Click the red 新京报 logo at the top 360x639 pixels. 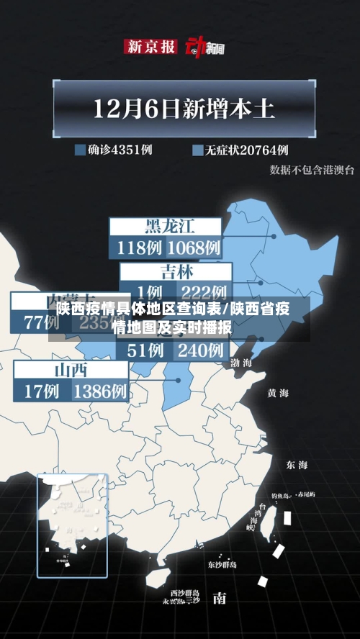pyautogui.click(x=150, y=46)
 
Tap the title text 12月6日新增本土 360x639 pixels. pyautogui.click(x=184, y=109)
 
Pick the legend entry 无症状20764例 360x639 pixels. pyautogui.click(x=240, y=150)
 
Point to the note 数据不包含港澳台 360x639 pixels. pyautogui.click(x=312, y=170)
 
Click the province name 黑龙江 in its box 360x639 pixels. pyautogui.click(x=170, y=227)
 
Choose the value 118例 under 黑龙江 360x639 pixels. pyautogui.click(x=138, y=248)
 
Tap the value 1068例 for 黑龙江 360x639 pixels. pyautogui.click(x=194, y=248)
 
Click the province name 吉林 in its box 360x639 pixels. pyautogui.click(x=176, y=272)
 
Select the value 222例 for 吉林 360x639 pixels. pyautogui.click(x=204, y=292)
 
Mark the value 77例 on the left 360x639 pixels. pyautogui.click(x=40, y=322)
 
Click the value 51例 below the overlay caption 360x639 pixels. pyautogui.click(x=144, y=350)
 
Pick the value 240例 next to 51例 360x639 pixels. pyautogui.click(x=200, y=350)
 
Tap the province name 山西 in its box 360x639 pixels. pyautogui.click(x=71, y=371)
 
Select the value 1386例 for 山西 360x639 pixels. pyautogui.click(x=100, y=392)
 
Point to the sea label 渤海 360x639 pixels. pyautogui.click(x=241, y=363)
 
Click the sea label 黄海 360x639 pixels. pyautogui.click(x=278, y=393)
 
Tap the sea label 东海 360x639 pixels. pyautogui.click(x=296, y=464)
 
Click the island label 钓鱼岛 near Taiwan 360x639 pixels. pyautogui.click(x=279, y=496)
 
